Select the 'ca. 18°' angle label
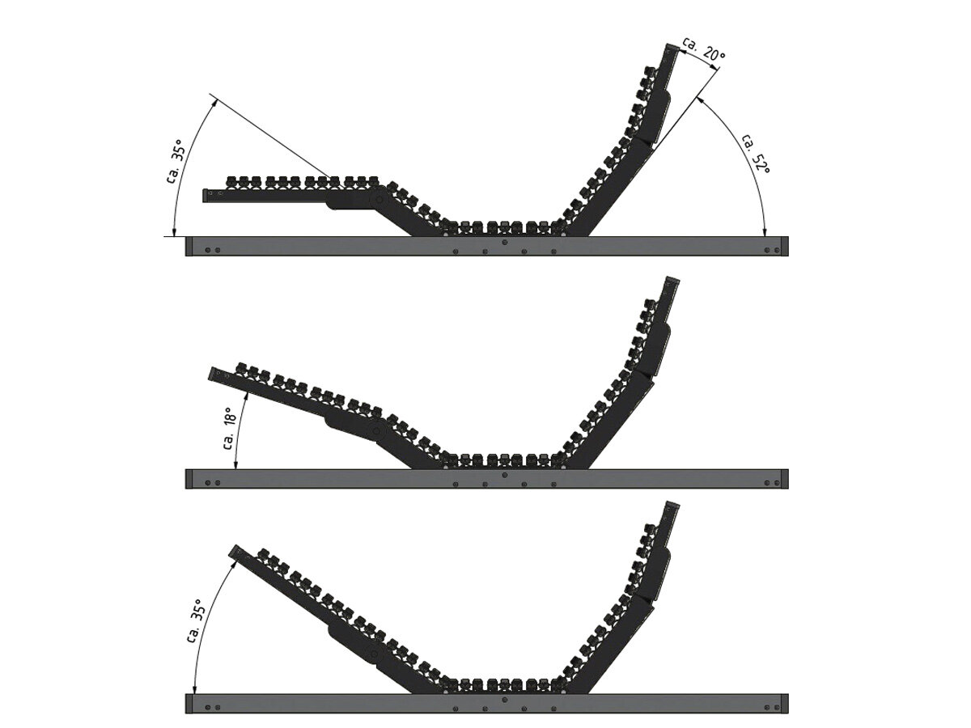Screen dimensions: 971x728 pos(230,427)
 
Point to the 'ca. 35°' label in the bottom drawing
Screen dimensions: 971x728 pos(195,621)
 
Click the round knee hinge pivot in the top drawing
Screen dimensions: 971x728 pos(379,200)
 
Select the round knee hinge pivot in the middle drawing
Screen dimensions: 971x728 pos(377,431)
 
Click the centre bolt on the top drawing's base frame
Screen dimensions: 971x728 pos(505,242)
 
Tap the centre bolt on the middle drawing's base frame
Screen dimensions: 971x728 pos(505,475)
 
